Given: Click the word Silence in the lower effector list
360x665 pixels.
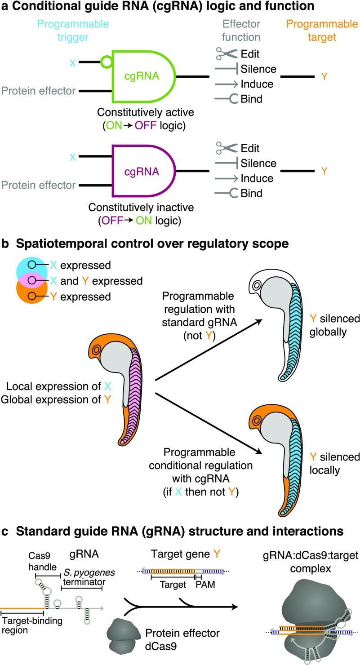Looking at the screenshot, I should click(x=259, y=163).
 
